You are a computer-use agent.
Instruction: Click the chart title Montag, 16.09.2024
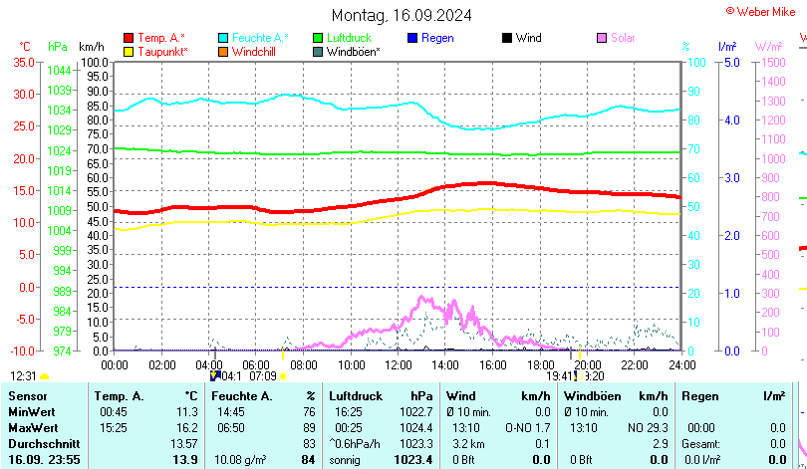click(x=402, y=15)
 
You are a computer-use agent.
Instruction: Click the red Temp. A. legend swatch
click(x=129, y=38)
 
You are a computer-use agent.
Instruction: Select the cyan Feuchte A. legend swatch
click(x=223, y=38)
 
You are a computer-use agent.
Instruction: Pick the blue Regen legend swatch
click(x=412, y=38)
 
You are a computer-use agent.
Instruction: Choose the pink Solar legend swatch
click(x=602, y=38)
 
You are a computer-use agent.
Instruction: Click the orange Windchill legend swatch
click(x=223, y=51)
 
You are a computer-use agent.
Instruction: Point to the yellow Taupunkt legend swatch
click(x=129, y=51)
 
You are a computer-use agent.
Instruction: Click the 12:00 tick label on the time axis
click(x=398, y=364)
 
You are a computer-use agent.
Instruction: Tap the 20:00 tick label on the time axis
click(x=587, y=364)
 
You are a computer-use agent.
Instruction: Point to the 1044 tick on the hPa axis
click(x=59, y=70)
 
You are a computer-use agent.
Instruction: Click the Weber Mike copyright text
click(x=766, y=10)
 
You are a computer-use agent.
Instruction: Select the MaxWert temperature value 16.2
click(x=186, y=427)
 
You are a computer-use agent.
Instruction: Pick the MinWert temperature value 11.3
click(x=186, y=411)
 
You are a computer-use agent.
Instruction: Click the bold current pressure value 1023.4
click(x=412, y=459)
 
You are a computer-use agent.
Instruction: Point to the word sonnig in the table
click(x=345, y=459)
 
